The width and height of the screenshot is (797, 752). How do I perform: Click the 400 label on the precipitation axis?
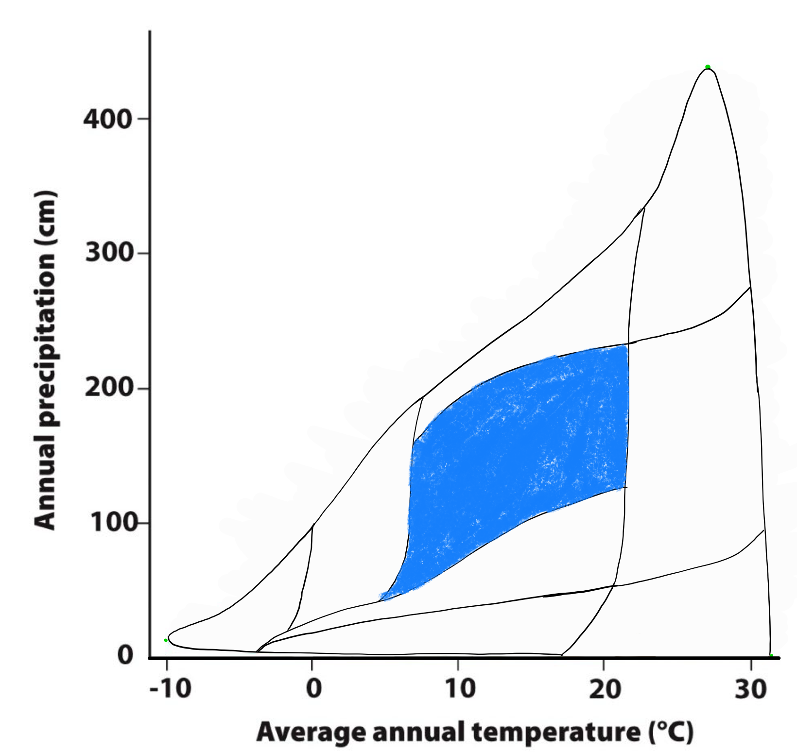tap(108, 119)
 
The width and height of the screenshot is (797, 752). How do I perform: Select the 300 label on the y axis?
tap(109, 253)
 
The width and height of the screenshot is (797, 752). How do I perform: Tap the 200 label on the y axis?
tap(109, 388)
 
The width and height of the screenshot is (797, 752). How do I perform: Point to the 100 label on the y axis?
tap(109, 523)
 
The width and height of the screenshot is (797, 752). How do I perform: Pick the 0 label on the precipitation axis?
tap(125, 655)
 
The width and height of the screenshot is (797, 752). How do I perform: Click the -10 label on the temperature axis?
tap(170, 689)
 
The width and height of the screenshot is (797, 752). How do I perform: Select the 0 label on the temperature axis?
tap(314, 689)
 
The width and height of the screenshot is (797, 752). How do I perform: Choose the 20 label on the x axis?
tap(605, 689)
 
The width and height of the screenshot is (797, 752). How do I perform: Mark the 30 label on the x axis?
tap(751, 689)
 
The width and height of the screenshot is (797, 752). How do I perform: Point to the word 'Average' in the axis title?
tap(311, 732)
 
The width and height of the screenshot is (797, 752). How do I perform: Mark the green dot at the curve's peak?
tap(708, 67)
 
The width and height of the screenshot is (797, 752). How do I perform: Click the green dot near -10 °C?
tap(166, 640)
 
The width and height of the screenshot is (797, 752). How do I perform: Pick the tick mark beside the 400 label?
tap(143, 119)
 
